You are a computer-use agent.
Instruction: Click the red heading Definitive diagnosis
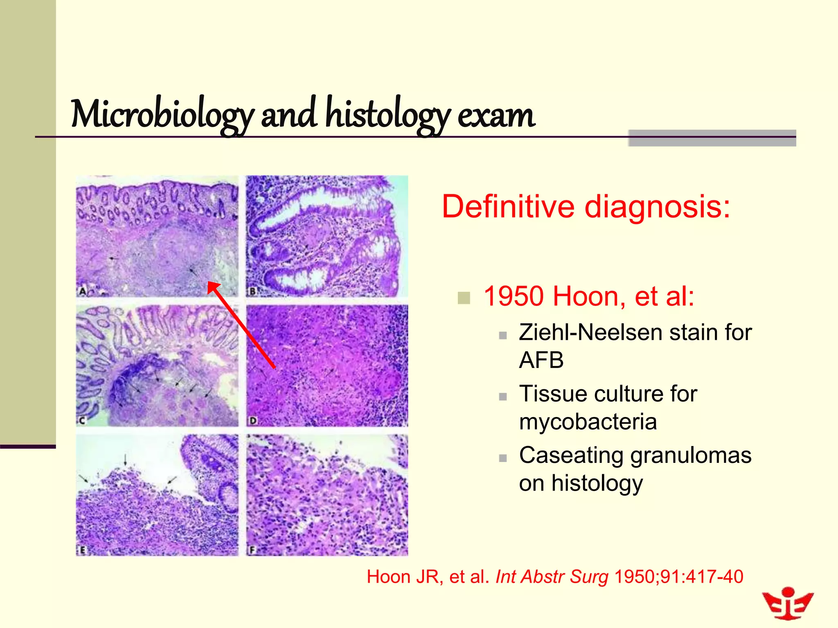pyautogui.click(x=586, y=207)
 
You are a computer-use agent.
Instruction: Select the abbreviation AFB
pyautogui.click(x=541, y=360)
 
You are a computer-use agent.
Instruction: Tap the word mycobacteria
pyautogui.click(x=588, y=422)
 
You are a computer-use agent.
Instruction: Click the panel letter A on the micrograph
pyautogui.click(x=82, y=292)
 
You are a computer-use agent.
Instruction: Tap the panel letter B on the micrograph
pyautogui.click(x=252, y=292)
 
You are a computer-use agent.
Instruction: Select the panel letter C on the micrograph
pyautogui.click(x=82, y=420)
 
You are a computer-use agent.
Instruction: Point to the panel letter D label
pyautogui.click(x=253, y=420)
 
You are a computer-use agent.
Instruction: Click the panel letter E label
pyautogui.click(x=82, y=550)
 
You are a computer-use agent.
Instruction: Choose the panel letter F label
pyautogui.click(x=252, y=550)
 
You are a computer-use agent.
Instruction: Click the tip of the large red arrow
pyautogui.click(x=208, y=283)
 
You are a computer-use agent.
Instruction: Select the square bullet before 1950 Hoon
pyautogui.click(x=464, y=298)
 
